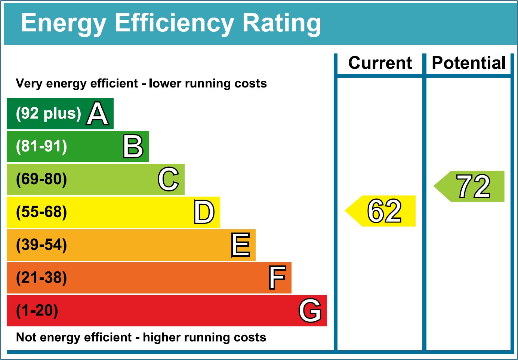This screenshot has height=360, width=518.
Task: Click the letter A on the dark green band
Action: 98,114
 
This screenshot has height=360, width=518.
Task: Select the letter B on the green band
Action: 133,146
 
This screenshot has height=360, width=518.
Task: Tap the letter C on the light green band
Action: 169,179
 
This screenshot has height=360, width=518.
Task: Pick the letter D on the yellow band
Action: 204,212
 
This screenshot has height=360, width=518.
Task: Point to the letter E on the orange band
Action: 240,245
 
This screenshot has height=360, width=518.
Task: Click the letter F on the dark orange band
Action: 277,278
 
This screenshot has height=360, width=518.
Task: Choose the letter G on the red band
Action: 310,310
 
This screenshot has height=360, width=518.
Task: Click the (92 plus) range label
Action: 48,113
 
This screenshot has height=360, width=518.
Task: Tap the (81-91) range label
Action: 41,146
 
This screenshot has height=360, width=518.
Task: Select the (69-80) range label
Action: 41,179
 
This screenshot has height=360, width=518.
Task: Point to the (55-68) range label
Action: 41,212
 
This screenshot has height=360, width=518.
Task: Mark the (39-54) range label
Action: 41,245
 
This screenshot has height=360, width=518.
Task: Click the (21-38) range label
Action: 41,278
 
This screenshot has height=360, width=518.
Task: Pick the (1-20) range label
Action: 37,311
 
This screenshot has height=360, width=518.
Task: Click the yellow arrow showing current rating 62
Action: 381,211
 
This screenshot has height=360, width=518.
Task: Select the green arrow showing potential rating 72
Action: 470,187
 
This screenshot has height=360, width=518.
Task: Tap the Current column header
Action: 380,63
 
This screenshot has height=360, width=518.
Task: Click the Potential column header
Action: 469,63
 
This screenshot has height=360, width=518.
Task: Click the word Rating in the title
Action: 281,23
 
